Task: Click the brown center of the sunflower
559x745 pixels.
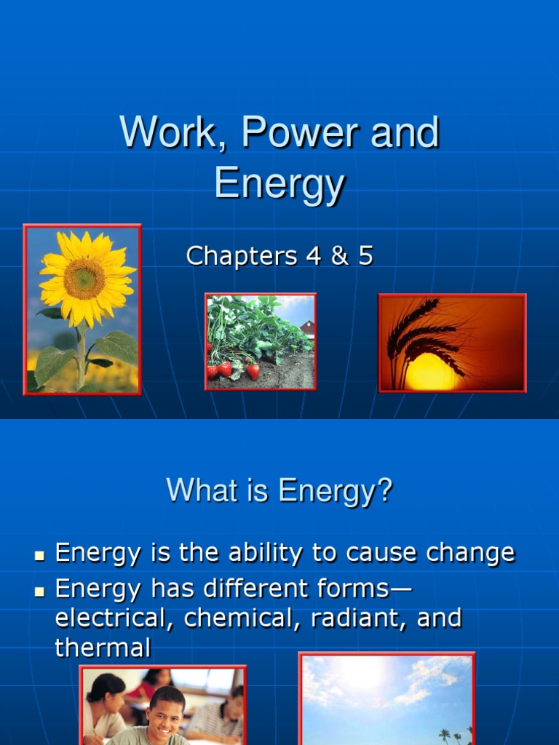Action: [84, 278]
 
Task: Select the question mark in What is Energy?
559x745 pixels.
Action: [384, 490]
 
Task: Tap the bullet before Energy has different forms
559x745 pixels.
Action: [41, 590]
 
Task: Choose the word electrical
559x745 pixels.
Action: [113, 618]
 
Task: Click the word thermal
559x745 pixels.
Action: [103, 648]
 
